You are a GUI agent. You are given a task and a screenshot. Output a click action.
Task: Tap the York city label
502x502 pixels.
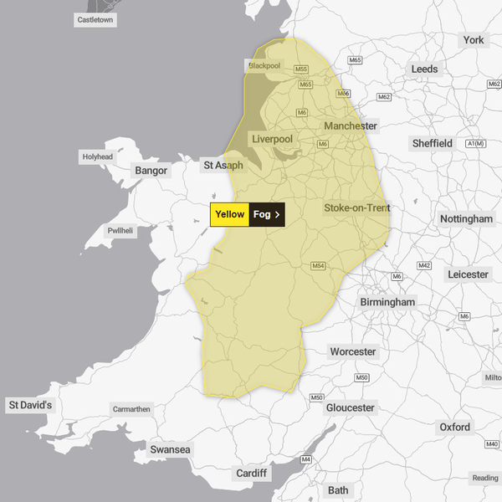coord(474,40)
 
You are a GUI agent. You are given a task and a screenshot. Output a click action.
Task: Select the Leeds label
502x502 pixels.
coord(425,69)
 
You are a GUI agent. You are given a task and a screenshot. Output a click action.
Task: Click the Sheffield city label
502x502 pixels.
coord(433,144)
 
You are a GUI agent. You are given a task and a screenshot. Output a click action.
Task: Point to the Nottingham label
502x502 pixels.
coord(467,218)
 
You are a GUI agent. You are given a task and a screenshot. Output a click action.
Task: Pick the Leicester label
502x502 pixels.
coord(468,274)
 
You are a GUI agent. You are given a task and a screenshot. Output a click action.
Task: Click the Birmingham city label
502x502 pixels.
coord(387,301)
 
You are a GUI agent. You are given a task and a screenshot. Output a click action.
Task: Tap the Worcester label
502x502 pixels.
coord(353,351)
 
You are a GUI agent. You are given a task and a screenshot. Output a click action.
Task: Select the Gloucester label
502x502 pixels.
coord(350,407)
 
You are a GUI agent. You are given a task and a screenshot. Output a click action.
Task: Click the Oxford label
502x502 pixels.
coord(455,428)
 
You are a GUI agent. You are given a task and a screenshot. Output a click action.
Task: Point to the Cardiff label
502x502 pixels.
coord(251,474)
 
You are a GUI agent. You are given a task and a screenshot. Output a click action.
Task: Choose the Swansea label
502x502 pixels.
coord(171,450)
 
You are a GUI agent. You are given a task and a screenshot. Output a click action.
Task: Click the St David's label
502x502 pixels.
coord(30,406)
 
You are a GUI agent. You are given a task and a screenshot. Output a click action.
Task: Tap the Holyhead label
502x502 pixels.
coord(97,156)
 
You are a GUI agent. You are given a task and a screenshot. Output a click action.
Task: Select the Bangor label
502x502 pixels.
coord(151,171)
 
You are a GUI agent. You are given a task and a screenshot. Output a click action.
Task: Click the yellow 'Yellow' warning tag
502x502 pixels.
coord(229,214)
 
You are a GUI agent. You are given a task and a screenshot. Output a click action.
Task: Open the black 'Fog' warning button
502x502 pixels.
coord(267,214)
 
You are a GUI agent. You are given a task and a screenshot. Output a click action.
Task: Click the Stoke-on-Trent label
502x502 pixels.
coord(357,207)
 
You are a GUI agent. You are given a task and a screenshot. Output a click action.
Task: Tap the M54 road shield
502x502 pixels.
coord(318,266)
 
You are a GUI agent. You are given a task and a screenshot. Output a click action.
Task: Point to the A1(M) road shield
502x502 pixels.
coord(475,144)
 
